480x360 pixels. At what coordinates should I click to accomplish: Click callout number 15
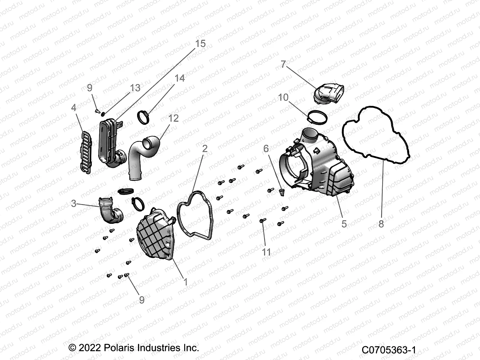click(x=200, y=44)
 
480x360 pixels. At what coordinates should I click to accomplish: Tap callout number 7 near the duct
click(x=283, y=64)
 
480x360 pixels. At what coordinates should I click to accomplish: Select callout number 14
click(x=180, y=78)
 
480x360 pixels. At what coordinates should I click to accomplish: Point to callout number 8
click(x=381, y=224)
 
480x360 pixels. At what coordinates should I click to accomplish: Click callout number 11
click(x=266, y=252)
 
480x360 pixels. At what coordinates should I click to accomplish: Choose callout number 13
click(x=135, y=88)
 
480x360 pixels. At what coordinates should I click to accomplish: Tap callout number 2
click(x=205, y=149)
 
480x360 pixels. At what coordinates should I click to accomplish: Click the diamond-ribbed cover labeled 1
click(x=156, y=234)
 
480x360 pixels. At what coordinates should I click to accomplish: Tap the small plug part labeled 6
click(x=281, y=192)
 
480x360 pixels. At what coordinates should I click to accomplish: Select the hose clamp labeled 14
click(x=144, y=116)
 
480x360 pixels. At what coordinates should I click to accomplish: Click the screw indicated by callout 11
click(x=263, y=221)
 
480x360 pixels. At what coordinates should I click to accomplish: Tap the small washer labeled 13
click(x=103, y=114)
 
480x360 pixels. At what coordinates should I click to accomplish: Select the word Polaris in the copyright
click(x=119, y=348)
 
